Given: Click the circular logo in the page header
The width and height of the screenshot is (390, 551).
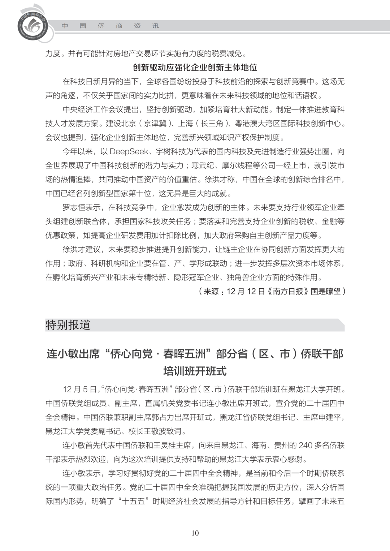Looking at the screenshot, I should click(x=32, y=26).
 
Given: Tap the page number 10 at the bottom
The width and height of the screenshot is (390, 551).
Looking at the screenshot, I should click(x=195, y=533).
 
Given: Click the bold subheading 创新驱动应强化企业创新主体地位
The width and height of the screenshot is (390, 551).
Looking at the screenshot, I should click(x=195, y=68).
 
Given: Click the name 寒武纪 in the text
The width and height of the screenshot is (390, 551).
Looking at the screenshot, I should click(x=203, y=165).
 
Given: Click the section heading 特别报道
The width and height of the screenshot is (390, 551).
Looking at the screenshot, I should click(x=68, y=325).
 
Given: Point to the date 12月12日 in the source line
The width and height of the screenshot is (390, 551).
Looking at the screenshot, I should click(x=246, y=291).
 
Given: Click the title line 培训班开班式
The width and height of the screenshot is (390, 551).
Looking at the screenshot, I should click(x=195, y=371).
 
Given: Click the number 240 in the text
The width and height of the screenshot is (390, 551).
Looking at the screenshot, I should click(x=305, y=445).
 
